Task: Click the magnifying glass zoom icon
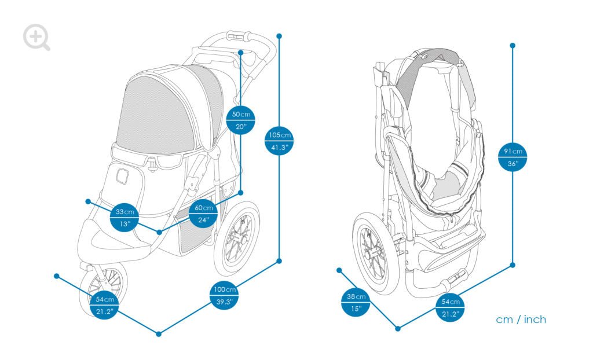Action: click(36, 37)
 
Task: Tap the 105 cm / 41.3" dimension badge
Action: click(280, 141)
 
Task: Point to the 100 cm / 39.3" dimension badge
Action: click(224, 296)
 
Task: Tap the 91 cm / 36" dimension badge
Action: click(513, 157)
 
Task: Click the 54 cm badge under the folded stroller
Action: click(451, 308)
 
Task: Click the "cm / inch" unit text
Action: click(521, 319)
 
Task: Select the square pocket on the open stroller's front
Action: click(122, 175)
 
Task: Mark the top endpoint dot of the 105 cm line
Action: click(280, 36)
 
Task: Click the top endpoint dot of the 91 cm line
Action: click(513, 45)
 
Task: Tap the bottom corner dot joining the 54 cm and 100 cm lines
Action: click(159, 333)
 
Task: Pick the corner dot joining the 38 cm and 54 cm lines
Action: click(398, 329)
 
